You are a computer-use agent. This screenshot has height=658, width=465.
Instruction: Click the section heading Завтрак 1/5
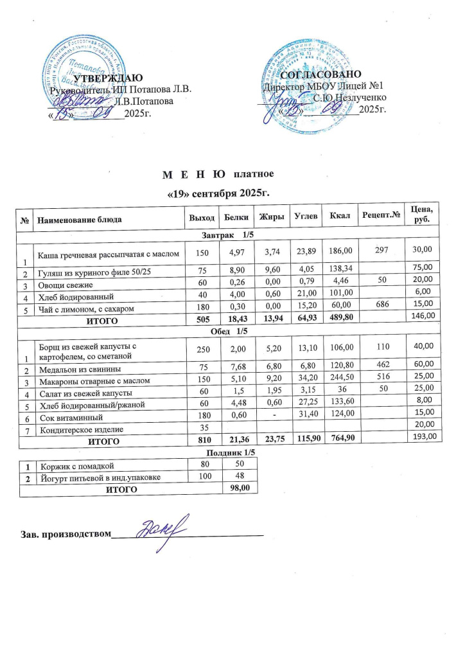[229, 236]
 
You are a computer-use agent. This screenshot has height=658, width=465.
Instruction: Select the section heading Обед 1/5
[229, 330]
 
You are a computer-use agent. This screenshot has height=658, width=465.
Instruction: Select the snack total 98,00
[240, 488]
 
